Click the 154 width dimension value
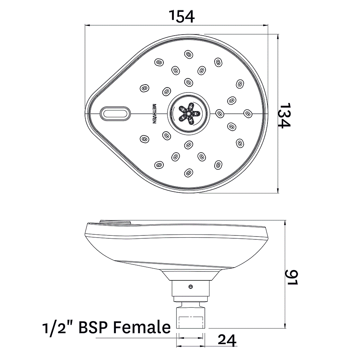(x=182, y=15)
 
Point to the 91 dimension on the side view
(x=292, y=276)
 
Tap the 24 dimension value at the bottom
(x=226, y=340)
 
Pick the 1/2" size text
(x=57, y=328)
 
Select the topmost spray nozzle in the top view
(x=188, y=54)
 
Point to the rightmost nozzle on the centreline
(x=247, y=113)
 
